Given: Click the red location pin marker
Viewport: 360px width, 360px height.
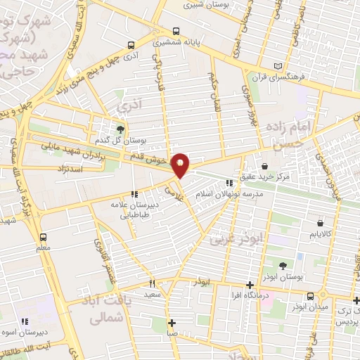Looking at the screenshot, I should [x=181, y=165].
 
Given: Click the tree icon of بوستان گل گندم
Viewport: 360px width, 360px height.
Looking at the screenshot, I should [x=121, y=129].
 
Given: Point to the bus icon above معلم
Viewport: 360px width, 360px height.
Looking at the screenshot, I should [x=43, y=236].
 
